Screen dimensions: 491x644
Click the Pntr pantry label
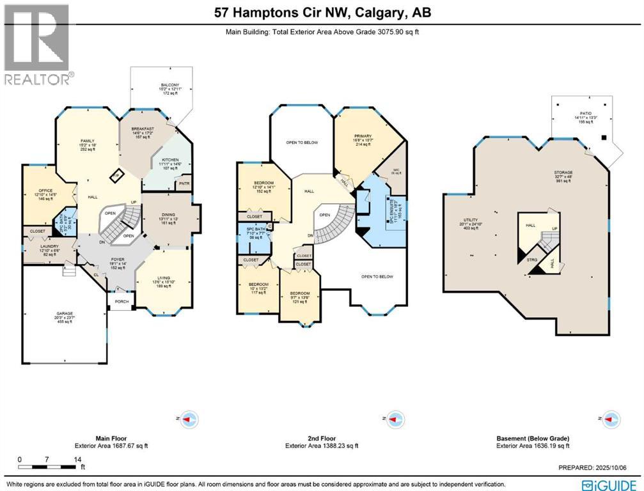pos(185,185)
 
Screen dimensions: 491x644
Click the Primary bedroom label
pos(363,136)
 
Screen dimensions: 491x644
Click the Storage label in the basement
pos(563,173)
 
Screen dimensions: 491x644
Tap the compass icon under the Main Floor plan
pos(189,419)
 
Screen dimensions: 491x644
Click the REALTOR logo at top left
pos(37,43)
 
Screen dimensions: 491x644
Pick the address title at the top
pos(322,13)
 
